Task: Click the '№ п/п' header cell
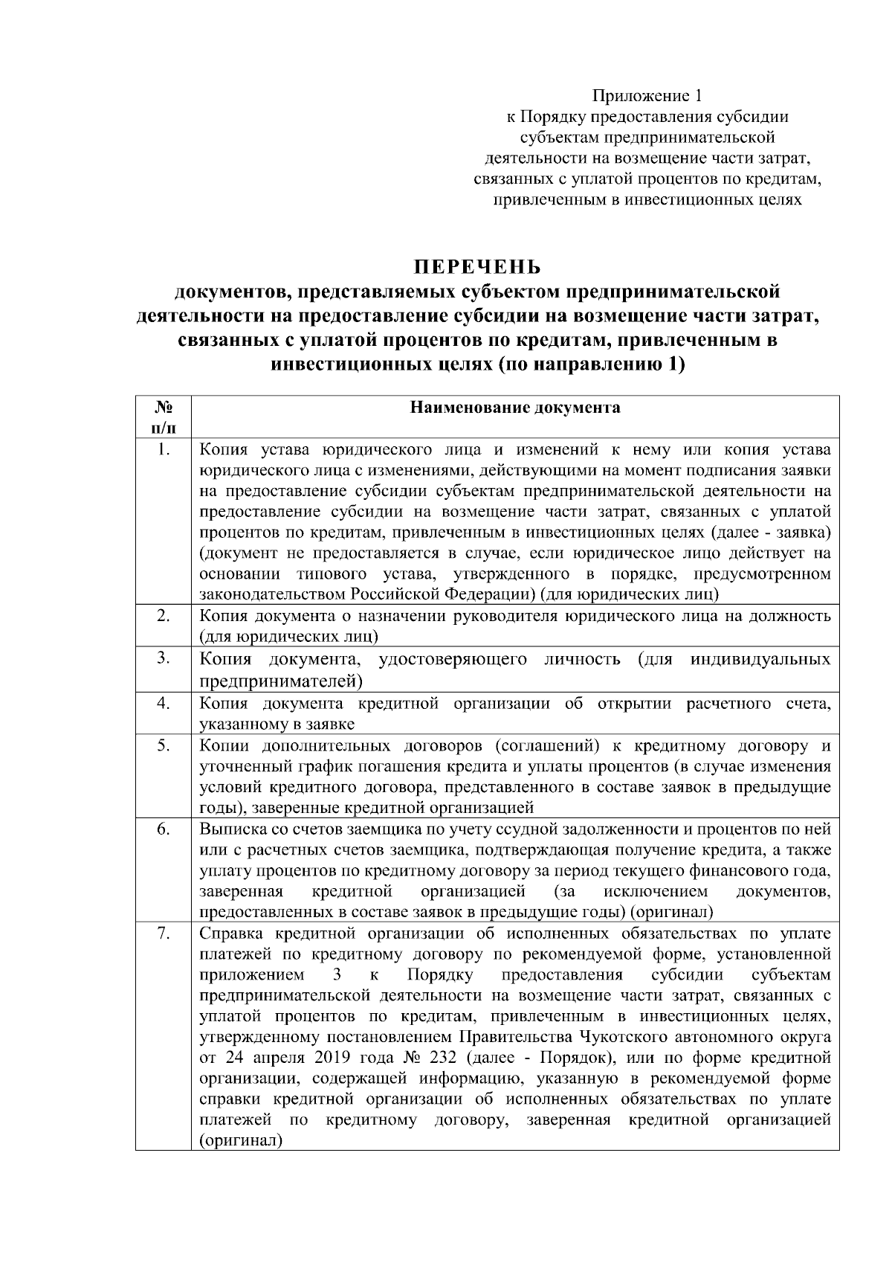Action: [164, 417]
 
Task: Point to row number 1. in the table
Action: [164, 449]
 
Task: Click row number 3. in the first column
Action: [164, 658]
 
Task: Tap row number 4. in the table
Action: [164, 703]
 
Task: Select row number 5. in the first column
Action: [164, 745]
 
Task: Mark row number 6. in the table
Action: [164, 829]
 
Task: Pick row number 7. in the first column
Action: [164, 933]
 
